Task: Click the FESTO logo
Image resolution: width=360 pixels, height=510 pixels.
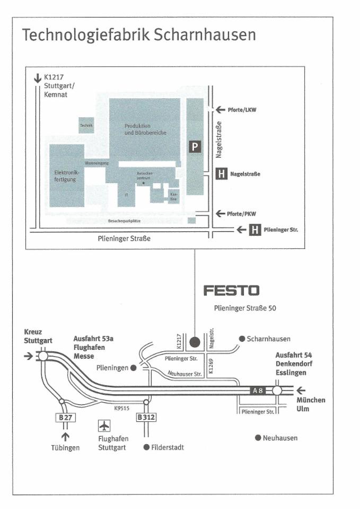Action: tap(232, 290)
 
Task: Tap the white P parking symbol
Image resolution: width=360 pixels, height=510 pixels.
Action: tap(196, 146)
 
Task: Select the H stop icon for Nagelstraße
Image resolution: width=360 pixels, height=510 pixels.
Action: tap(222, 174)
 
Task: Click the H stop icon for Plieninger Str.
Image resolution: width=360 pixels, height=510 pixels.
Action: tap(255, 230)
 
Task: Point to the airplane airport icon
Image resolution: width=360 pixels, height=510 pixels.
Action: tap(104, 426)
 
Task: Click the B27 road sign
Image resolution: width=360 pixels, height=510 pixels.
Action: tap(65, 418)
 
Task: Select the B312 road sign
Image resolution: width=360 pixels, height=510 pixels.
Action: tap(146, 418)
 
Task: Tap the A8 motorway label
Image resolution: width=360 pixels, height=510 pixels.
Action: tap(258, 391)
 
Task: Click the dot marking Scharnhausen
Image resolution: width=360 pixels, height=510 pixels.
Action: tap(242, 339)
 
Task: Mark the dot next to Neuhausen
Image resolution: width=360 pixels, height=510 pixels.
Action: tap(258, 438)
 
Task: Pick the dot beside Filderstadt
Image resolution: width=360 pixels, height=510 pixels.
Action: tap(146, 447)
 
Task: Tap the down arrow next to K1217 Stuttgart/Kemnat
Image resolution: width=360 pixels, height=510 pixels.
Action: tap(38, 78)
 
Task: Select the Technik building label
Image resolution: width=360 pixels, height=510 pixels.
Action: tap(86, 125)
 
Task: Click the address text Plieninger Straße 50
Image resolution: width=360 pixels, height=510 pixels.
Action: tap(245, 307)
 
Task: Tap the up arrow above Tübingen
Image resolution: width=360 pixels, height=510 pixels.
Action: tap(66, 436)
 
